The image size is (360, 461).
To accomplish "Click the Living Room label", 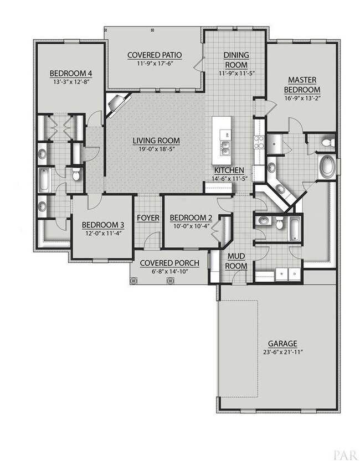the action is click(156, 141).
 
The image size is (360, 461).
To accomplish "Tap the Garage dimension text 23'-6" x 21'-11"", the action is click(282, 352).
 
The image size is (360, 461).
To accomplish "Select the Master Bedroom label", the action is click(302, 85).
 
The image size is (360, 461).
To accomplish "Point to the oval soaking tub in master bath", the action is click(327, 167).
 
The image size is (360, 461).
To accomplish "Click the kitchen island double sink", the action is click(225, 148).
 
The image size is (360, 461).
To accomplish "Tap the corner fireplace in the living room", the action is click(116, 103).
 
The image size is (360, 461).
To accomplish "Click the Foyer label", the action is click(148, 218).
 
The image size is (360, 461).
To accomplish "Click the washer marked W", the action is click(281, 274).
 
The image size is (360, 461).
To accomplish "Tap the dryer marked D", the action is click(295, 274).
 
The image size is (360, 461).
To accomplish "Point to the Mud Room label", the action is click(236, 261).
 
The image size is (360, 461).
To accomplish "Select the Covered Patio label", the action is click(155, 55).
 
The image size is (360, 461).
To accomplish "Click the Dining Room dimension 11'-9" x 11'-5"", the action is click(236, 73).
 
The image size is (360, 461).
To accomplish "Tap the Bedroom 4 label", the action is click(71, 73).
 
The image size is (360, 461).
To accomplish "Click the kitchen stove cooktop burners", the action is click(259, 142).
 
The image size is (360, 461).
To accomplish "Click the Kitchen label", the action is click(229, 170).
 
